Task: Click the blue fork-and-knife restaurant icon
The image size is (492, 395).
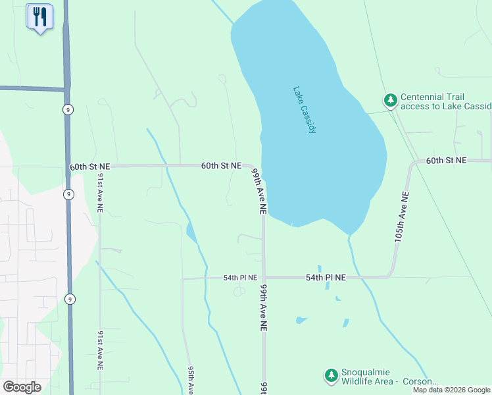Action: (39, 17)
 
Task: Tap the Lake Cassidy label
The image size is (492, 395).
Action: (305, 110)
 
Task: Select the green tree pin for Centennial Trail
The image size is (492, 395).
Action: (391, 100)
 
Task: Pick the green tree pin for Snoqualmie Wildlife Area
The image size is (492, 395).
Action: (331, 376)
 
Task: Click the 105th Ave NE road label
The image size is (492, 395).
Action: (401, 218)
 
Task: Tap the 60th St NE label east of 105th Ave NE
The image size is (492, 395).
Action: (446, 161)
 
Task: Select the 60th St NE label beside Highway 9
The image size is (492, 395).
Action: (90, 167)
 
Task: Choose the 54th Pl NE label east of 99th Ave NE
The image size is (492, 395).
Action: (326, 278)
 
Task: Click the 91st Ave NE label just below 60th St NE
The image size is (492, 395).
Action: (101, 192)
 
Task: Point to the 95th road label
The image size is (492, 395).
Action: (189, 380)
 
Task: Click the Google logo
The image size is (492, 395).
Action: (22, 386)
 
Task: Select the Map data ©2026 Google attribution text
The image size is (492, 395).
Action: (451, 390)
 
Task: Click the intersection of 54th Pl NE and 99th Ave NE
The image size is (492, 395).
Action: (264, 277)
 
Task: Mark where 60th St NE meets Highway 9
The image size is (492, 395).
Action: (68, 167)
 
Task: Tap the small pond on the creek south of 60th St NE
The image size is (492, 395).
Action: (191, 232)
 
